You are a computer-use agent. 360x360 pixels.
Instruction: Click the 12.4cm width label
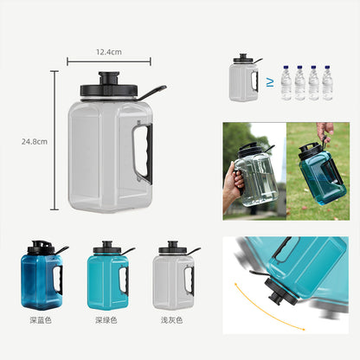point(109,52)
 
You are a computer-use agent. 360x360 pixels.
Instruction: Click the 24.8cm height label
point(35,142)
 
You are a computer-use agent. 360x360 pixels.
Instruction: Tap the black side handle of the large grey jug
point(146,154)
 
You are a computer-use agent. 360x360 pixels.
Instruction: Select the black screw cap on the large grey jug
point(108,84)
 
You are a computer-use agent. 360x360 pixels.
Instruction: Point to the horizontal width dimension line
point(109,61)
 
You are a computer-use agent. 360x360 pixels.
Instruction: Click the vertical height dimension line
point(55,140)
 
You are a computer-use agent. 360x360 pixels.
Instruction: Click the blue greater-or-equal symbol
point(270,83)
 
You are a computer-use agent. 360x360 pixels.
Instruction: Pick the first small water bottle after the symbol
point(286,83)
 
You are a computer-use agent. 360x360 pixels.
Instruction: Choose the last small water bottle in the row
point(327,83)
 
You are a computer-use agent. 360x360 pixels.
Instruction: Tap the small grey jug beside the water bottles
point(244,78)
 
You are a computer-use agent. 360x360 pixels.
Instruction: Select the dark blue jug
point(42,275)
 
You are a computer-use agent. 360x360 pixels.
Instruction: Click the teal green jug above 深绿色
point(109,275)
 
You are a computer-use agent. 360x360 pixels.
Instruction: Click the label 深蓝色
point(41,320)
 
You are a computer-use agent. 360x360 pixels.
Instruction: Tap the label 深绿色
point(106,320)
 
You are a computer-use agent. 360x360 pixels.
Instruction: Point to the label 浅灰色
point(172,320)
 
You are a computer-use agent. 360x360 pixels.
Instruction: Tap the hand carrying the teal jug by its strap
point(325,129)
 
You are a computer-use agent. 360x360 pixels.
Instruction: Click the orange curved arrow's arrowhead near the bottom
point(303,329)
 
